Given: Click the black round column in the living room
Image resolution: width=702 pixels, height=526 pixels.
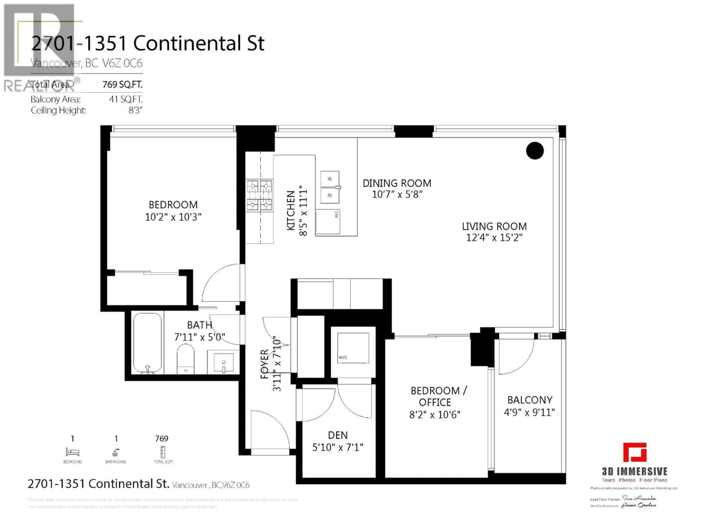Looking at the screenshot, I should click(535, 151).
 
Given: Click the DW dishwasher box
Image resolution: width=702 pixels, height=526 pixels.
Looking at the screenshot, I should click(328, 221).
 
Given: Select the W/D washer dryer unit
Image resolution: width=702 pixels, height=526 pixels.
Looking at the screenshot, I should click(353, 348).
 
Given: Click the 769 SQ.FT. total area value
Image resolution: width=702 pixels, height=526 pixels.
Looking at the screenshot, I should click(122, 85).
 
